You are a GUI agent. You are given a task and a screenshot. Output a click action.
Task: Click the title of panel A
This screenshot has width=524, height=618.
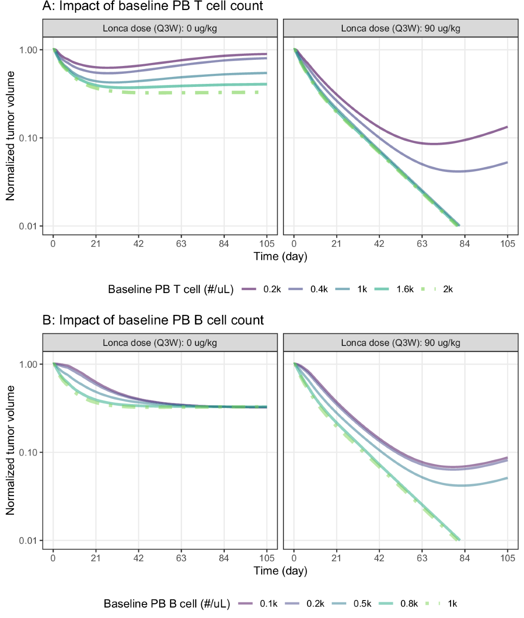(153, 6)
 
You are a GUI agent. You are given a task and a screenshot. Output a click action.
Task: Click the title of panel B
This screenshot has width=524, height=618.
(153, 320)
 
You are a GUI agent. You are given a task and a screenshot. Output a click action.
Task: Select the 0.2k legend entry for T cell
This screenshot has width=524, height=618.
(262, 289)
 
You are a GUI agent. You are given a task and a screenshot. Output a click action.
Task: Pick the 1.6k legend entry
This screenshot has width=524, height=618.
(394, 289)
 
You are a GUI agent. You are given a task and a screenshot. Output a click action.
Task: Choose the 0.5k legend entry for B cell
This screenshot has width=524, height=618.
(352, 604)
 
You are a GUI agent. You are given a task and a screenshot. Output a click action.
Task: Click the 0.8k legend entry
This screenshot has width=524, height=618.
(398, 604)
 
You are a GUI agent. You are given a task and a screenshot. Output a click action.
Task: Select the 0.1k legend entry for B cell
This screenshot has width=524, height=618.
(258, 604)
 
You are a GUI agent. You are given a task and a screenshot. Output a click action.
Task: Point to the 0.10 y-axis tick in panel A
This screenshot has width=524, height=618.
(28, 138)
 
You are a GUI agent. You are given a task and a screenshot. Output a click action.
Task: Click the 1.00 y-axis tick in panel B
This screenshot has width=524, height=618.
(28, 364)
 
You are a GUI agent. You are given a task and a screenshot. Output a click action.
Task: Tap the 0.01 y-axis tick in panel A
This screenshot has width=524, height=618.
(28, 226)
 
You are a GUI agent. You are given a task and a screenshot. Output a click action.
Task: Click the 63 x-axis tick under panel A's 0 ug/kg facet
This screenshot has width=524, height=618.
(181, 244)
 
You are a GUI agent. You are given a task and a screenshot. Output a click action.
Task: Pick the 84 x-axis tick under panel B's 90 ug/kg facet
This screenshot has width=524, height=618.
(465, 558)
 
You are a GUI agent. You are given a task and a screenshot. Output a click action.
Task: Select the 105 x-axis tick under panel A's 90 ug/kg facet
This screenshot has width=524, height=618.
(507, 244)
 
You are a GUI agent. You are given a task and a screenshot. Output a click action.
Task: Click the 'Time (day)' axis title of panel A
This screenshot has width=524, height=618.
(280, 256)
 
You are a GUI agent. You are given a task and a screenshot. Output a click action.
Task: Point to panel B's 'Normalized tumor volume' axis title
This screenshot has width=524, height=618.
(10, 450)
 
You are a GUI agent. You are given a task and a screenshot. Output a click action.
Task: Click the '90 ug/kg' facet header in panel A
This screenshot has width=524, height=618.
(400, 28)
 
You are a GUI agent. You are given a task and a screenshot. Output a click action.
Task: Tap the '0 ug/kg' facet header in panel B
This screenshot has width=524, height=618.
(160, 343)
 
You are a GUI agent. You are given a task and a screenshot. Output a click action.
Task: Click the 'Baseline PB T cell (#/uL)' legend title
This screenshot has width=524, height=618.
(171, 290)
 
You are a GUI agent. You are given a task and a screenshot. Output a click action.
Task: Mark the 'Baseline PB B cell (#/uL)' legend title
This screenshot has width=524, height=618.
(167, 604)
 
